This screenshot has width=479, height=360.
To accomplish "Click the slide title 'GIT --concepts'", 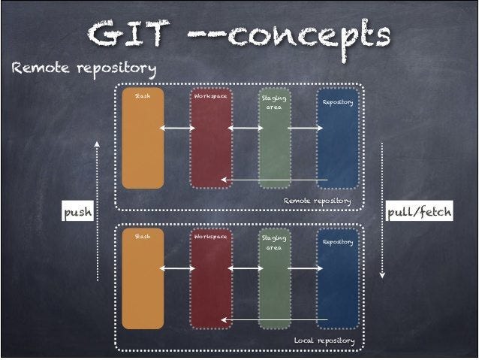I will (x=239, y=34).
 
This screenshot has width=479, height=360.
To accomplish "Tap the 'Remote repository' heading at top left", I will (x=83, y=70).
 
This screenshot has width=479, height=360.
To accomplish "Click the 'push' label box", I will (x=77, y=213).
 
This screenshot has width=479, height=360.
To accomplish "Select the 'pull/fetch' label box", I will (x=419, y=213).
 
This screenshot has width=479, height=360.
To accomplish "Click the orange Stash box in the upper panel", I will (x=143, y=139).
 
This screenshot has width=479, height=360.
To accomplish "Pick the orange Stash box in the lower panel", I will (x=143, y=280).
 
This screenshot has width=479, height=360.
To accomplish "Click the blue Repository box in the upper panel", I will (x=338, y=139).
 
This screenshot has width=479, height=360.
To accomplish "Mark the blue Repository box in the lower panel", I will (x=338, y=280).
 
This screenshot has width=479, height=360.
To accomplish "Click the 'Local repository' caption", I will (x=324, y=340).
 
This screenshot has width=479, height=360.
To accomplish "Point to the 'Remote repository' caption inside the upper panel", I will (x=317, y=201).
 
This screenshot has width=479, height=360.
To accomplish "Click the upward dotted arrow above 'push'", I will (x=98, y=169).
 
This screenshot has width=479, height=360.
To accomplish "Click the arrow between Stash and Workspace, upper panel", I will (x=177, y=129).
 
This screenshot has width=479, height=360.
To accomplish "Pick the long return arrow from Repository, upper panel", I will (x=274, y=180).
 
